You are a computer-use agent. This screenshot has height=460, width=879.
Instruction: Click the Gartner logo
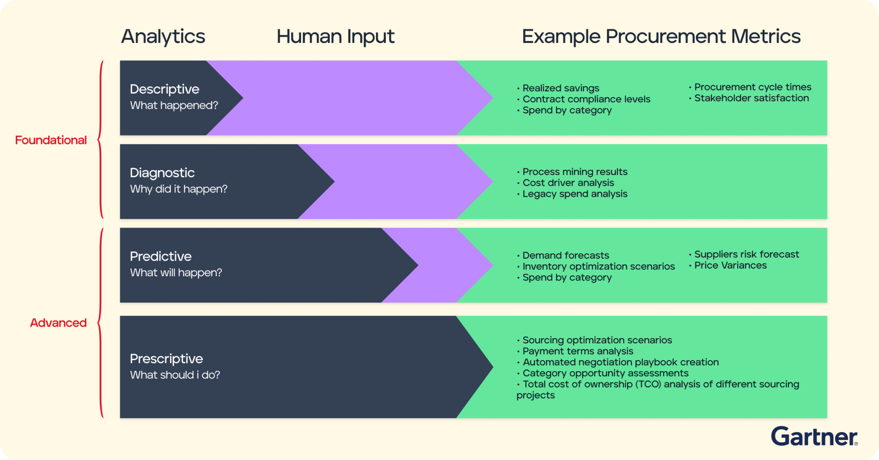click(x=814, y=436)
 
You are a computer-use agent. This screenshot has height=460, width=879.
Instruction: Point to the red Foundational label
click(x=51, y=140)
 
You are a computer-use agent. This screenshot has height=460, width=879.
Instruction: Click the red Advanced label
click(x=58, y=323)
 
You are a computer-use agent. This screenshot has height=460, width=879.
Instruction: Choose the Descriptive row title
click(x=164, y=89)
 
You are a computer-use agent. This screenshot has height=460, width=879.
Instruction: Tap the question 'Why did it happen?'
click(x=179, y=189)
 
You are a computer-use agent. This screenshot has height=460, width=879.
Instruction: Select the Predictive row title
click(x=161, y=256)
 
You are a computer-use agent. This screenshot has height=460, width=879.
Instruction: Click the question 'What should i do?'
click(x=175, y=375)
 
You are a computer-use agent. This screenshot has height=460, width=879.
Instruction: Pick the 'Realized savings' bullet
click(x=558, y=88)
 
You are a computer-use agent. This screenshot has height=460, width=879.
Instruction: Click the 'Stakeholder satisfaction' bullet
click(x=749, y=98)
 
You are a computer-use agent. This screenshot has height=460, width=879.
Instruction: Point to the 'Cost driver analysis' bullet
click(x=565, y=183)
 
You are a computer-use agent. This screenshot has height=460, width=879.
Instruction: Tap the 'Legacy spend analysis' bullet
click(x=572, y=194)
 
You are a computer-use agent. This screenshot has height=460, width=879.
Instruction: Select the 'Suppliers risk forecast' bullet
click(x=744, y=255)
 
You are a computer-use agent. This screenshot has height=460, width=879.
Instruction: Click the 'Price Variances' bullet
click(x=728, y=266)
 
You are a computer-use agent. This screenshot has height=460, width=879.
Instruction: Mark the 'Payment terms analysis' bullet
click(x=575, y=352)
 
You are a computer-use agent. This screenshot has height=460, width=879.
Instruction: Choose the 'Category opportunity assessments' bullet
click(x=603, y=373)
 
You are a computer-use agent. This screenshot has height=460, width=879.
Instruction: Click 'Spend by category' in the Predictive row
click(x=564, y=278)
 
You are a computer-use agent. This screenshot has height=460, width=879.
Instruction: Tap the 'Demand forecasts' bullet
click(x=563, y=256)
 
